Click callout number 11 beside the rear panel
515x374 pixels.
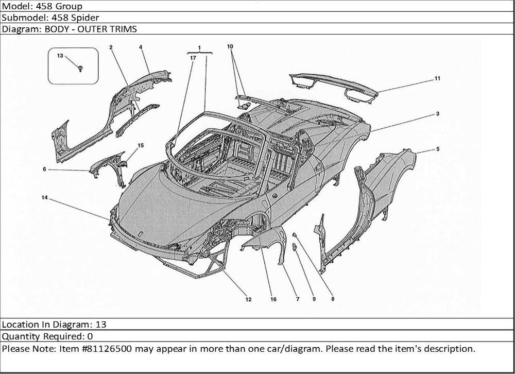tap(437, 79)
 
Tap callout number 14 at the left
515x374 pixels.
tap(45, 198)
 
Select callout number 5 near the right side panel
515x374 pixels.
tap(437, 149)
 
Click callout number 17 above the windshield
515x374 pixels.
tap(192, 58)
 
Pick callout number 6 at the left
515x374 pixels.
tap(45, 168)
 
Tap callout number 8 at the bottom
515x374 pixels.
tap(332, 298)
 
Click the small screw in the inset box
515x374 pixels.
tap(81, 67)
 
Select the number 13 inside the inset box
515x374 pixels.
tap(60, 56)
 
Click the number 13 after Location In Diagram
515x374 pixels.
tap(101, 325)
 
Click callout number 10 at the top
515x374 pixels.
tap(230, 46)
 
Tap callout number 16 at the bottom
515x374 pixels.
tap(273, 299)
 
